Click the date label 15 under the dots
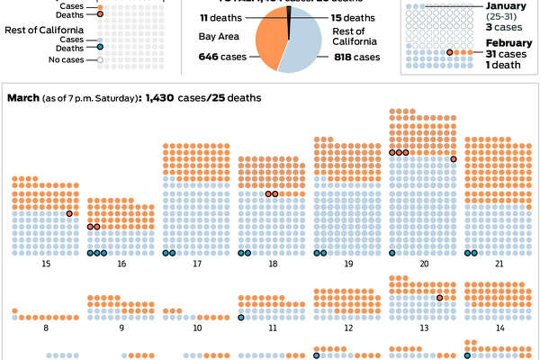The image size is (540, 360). click(45, 265)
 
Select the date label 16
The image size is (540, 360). click(121, 265)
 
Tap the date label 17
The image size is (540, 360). click(196, 265)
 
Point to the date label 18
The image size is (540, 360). click(272, 265)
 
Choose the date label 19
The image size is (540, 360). click(347, 265)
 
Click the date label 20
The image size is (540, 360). click(423, 265)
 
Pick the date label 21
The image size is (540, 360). click(499, 265)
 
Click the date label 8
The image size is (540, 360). click(45, 328)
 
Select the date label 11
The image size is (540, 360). click(272, 328)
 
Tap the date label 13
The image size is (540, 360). click(423, 328)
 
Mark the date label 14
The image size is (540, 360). click(499, 328)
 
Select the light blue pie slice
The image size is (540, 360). click(306, 45)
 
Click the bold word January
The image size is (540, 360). click(506, 7)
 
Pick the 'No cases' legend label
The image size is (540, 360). click(73, 60)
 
